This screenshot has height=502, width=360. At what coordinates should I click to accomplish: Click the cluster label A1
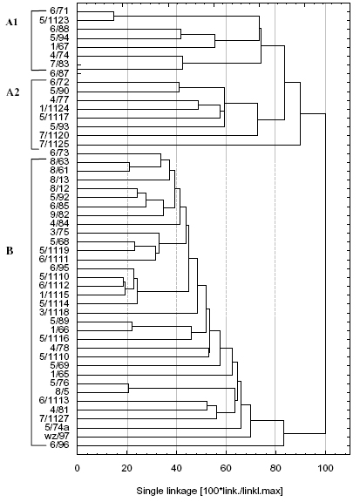click(12, 23)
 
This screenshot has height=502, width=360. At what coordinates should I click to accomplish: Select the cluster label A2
click(13, 92)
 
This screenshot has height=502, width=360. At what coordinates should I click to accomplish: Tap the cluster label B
click(10, 251)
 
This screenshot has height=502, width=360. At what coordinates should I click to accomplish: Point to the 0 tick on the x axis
click(78, 468)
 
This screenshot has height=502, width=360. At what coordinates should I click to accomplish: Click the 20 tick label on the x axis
click(127, 468)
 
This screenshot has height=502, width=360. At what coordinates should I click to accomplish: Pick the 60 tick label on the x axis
click(226, 468)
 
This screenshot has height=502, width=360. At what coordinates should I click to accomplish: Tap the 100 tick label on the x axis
click(325, 468)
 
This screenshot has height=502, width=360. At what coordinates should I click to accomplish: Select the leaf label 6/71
click(59, 12)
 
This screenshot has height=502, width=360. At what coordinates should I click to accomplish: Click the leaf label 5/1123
click(54, 21)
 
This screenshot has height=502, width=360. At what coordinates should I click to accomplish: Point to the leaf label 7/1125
click(54, 144)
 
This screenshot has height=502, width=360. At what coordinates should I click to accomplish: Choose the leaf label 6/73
click(59, 153)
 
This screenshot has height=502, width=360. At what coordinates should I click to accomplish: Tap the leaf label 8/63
click(59, 161)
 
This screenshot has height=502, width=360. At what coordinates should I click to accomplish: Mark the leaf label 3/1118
click(54, 312)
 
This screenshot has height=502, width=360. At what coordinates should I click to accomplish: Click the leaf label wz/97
click(57, 436)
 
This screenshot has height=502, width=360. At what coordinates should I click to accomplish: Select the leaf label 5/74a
click(57, 427)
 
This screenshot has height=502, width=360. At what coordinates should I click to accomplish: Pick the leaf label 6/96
click(59, 445)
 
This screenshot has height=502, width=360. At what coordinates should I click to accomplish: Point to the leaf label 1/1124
click(54, 109)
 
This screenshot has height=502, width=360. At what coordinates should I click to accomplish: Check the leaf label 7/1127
click(54, 418)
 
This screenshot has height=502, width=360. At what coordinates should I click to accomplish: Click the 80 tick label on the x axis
click(275, 468)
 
